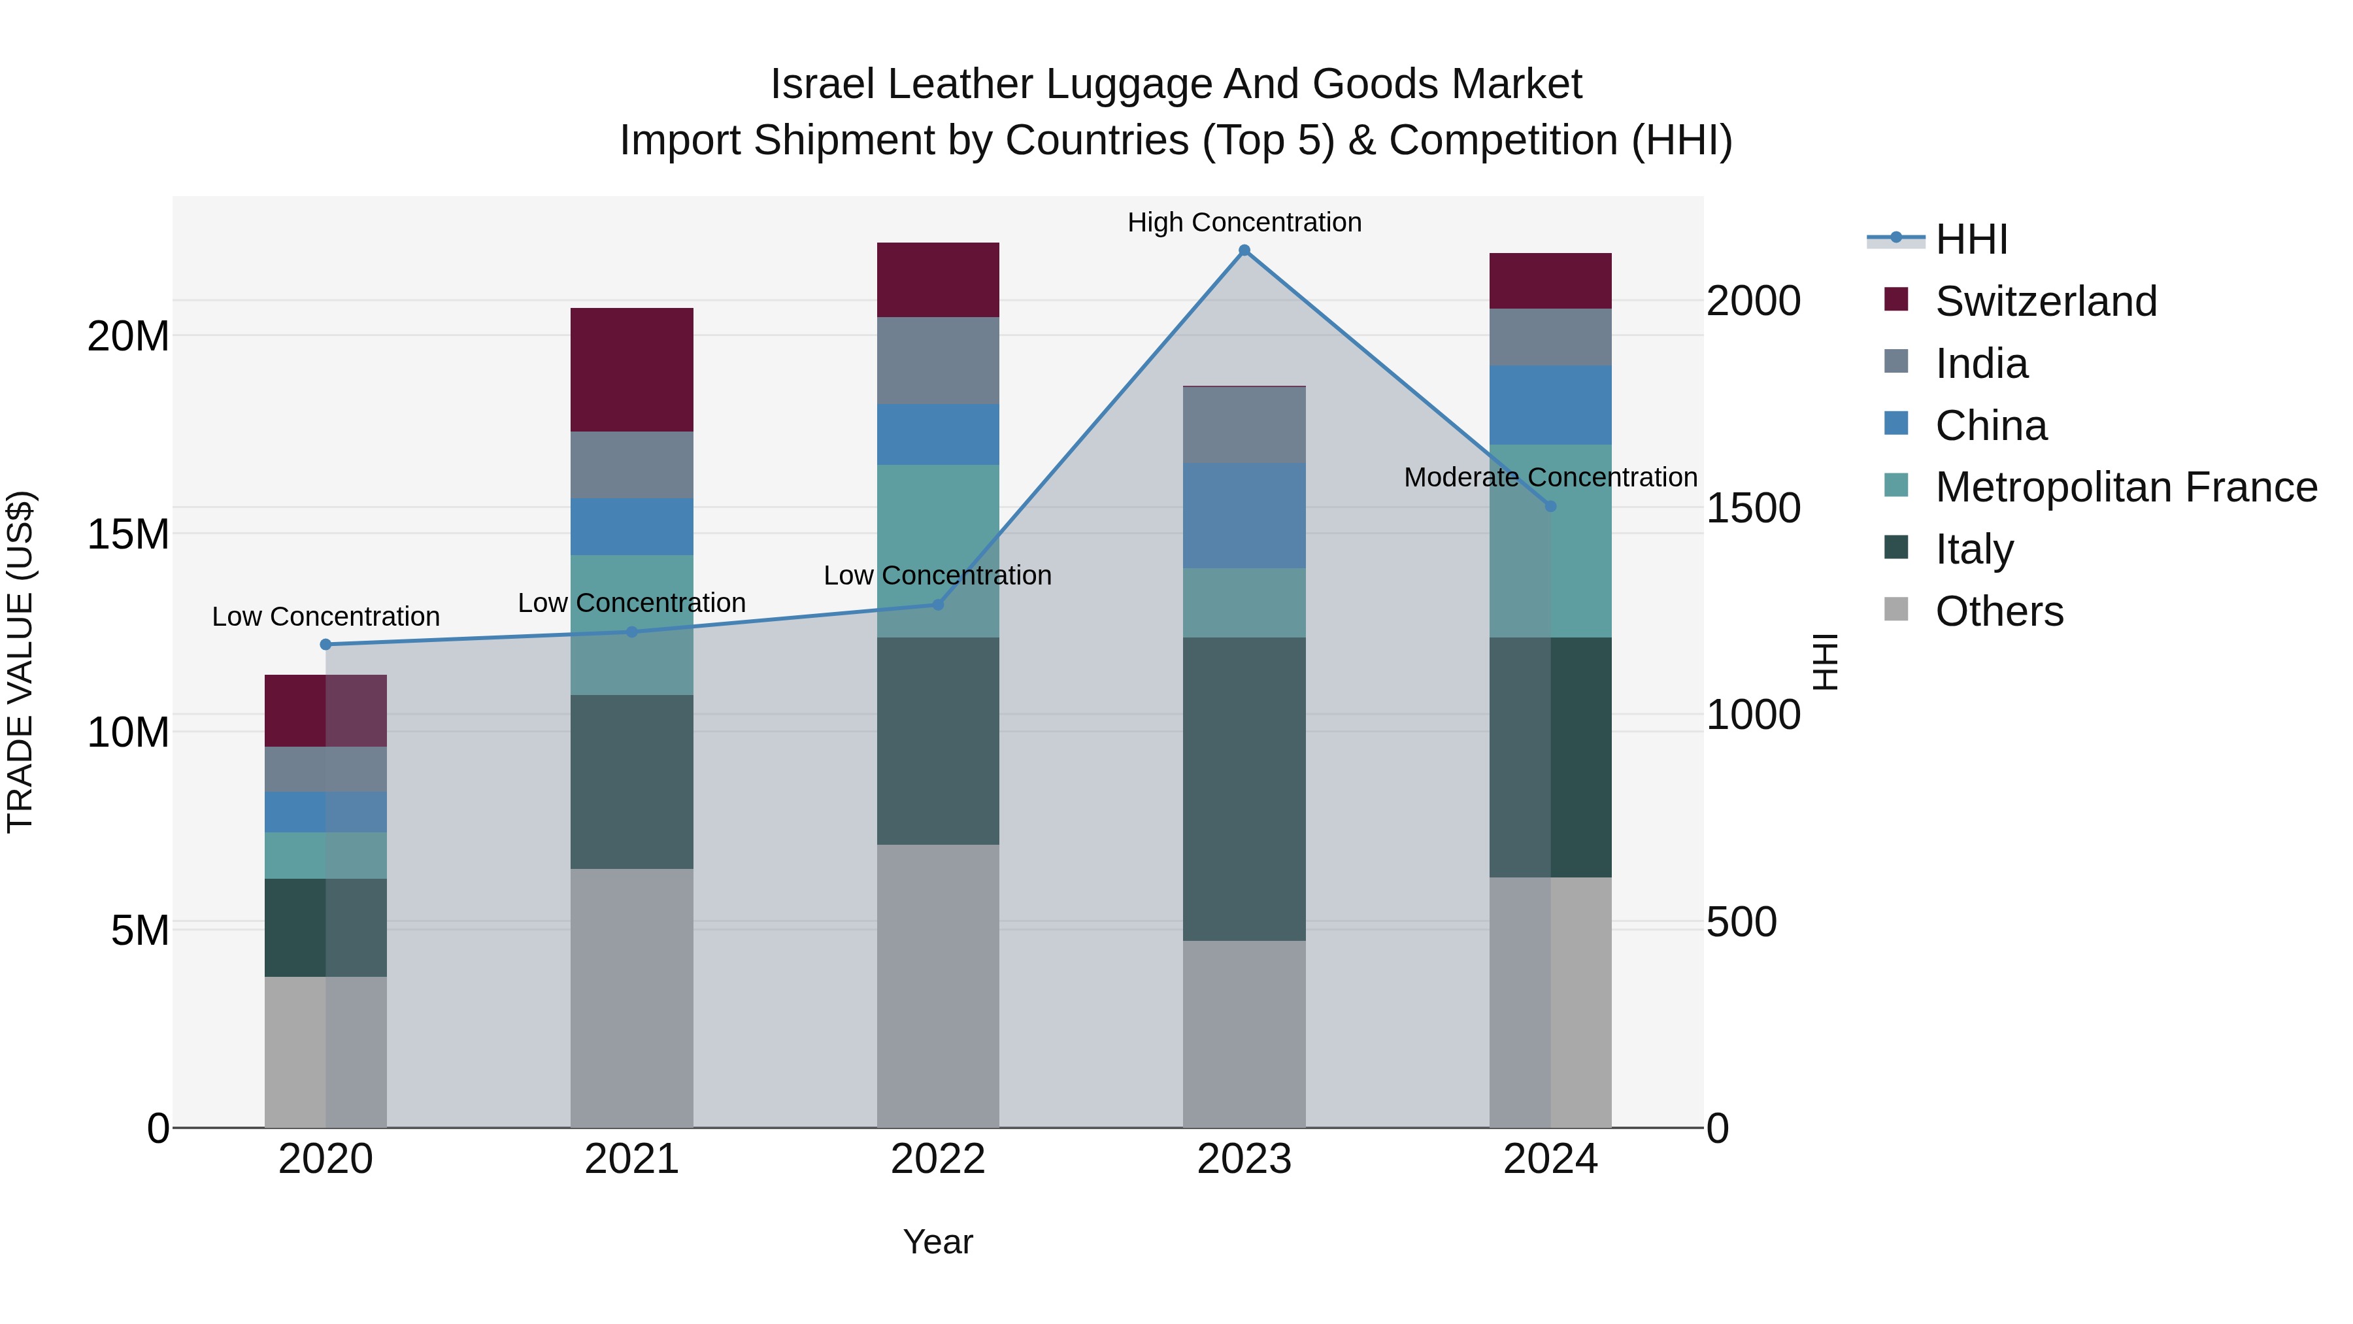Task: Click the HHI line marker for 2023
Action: coord(1244,250)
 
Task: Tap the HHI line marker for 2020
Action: coord(326,644)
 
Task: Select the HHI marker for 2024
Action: coord(1550,506)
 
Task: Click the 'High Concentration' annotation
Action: coord(1244,222)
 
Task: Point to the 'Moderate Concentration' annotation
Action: coord(1550,477)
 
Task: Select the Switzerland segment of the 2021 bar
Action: coord(631,369)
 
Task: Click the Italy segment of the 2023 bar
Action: coord(1244,789)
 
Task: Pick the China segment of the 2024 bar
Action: coord(1550,405)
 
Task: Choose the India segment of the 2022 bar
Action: coord(937,360)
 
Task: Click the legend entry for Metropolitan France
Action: coord(2126,487)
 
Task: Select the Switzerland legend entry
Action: coord(2045,301)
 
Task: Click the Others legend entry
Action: coord(1999,611)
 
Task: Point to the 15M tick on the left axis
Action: coord(128,534)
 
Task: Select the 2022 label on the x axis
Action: coord(937,1159)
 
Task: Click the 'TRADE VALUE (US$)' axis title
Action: coord(20,662)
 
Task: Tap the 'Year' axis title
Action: coord(937,1242)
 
